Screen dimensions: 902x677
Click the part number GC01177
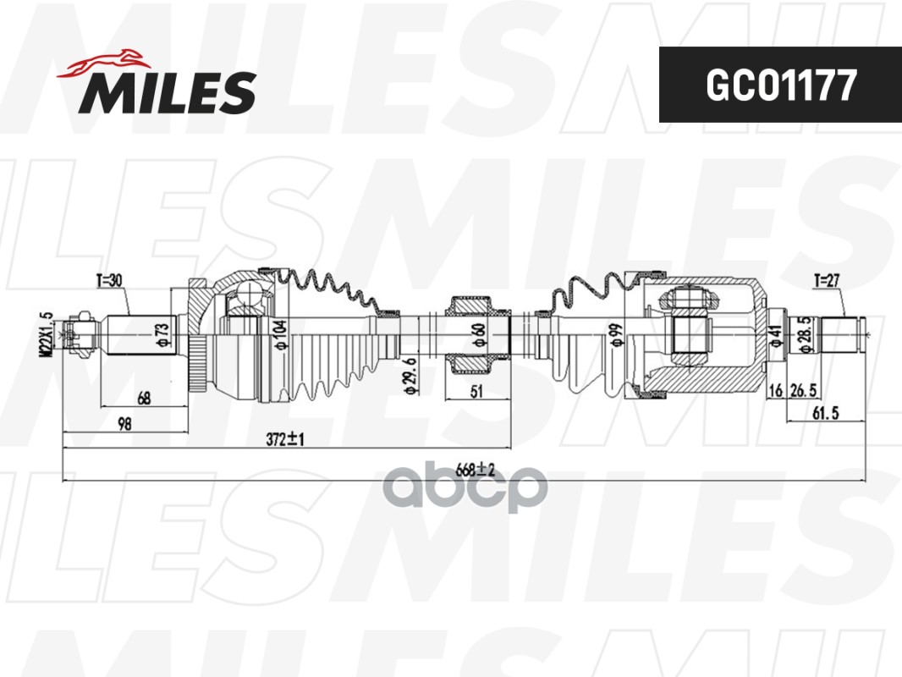tap(781, 85)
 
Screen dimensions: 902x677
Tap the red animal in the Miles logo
tap(103, 63)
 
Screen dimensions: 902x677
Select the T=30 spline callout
tap(108, 281)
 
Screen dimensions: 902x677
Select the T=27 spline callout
tap(827, 281)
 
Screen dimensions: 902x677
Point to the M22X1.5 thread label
tap(47, 335)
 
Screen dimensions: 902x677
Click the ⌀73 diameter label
tap(162, 335)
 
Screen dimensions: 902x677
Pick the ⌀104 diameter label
tap(280, 335)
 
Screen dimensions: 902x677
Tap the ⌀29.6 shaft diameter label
tap(410, 376)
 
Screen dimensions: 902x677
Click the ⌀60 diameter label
tap(479, 335)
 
